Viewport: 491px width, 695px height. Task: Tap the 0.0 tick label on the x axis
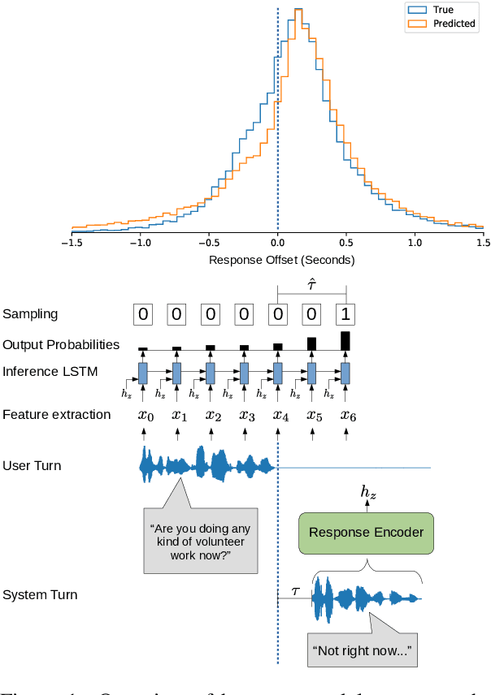tap(278, 242)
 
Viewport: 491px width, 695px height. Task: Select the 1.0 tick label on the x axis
tap(415, 242)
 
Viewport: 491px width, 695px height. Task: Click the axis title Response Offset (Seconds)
tap(281, 260)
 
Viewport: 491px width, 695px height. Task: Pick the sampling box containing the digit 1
tap(346, 313)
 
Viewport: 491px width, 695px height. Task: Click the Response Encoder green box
tap(367, 533)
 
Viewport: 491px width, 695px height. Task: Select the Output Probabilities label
tap(61, 344)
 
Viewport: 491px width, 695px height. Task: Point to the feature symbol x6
tap(347, 415)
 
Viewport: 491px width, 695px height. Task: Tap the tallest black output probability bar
tap(345, 340)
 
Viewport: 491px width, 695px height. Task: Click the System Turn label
tap(40, 595)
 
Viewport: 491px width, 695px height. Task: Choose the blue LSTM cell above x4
tap(278, 373)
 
